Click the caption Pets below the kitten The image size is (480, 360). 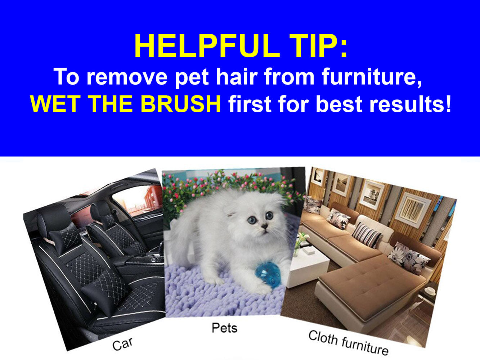pyautogui.click(x=225, y=328)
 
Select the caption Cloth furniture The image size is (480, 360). pyautogui.click(x=348, y=343)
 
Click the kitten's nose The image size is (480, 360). pyautogui.click(x=265, y=225)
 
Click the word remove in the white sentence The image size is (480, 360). pyautogui.click(x=127, y=77)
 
